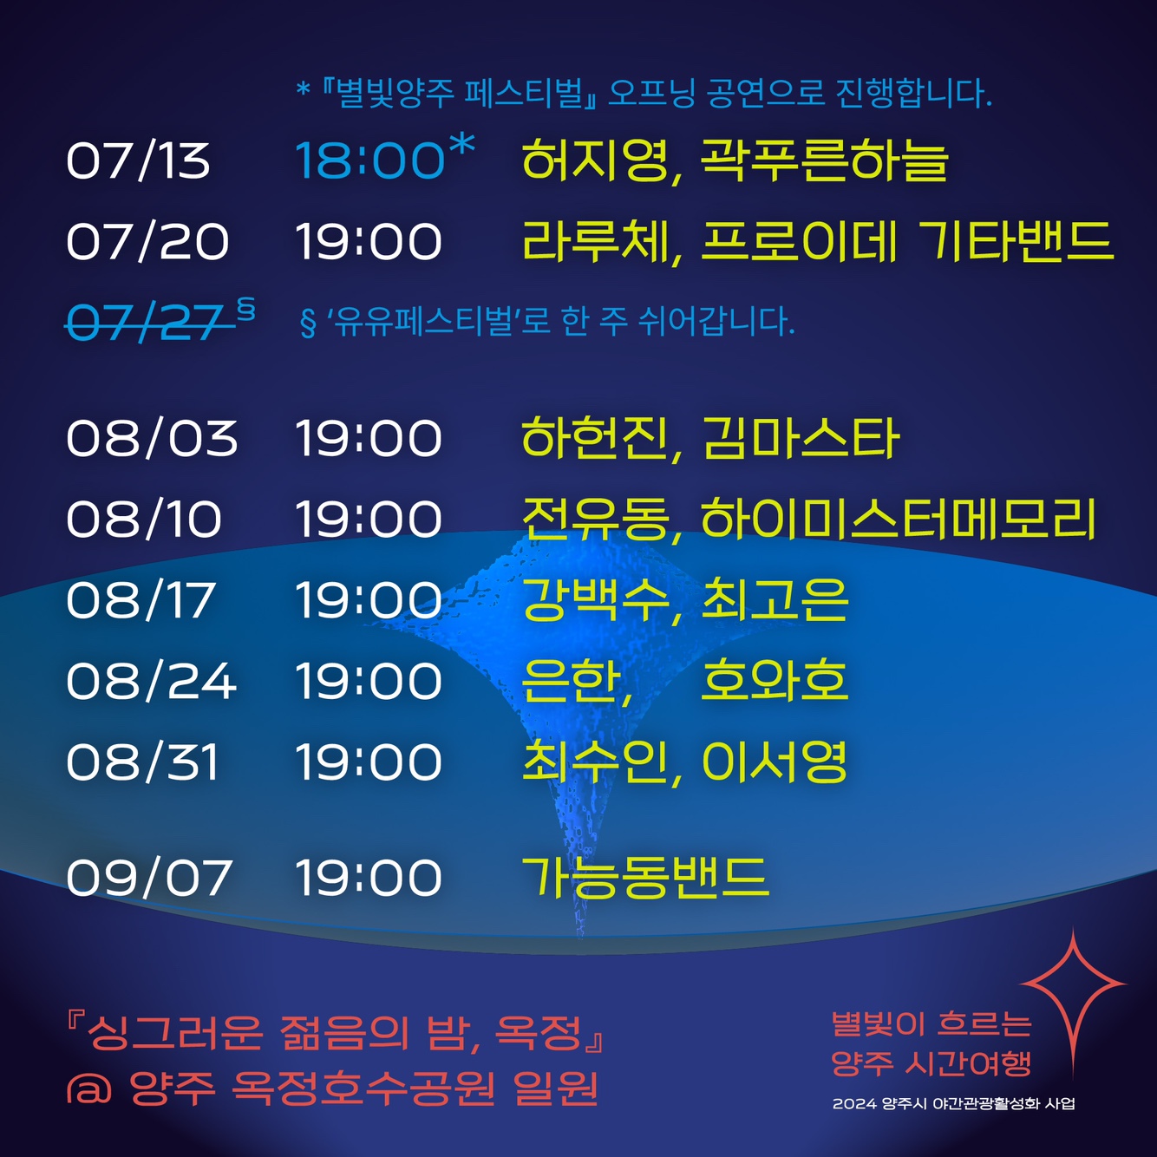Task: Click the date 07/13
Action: point(138,161)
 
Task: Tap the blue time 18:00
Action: point(369,161)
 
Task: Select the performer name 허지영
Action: point(594,160)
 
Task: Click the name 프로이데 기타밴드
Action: point(906,242)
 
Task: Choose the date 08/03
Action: point(152,438)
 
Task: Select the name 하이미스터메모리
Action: point(899,519)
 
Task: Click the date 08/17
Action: point(141,600)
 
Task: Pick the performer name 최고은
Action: point(775,600)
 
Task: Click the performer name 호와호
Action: point(775,681)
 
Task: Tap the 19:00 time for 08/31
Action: point(369,762)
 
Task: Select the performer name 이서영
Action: point(775,762)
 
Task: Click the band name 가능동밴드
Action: point(645,877)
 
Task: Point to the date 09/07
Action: point(149,878)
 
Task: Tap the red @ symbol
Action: point(89,1088)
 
